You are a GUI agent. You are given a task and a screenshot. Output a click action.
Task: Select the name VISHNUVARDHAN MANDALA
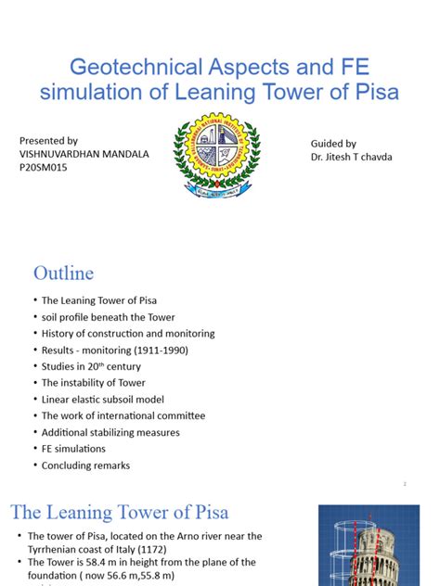click(x=84, y=153)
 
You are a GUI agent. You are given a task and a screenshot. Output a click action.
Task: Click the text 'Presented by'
click(x=49, y=139)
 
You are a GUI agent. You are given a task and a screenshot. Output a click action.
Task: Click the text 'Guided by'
click(x=333, y=144)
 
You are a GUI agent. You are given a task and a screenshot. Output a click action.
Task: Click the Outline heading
click(x=63, y=273)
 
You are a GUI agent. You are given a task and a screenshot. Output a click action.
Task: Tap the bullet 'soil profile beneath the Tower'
click(x=108, y=317)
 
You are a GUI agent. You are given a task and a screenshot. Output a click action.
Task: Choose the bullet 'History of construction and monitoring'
click(x=128, y=334)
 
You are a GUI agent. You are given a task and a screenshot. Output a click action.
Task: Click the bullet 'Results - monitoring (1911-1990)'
click(x=114, y=350)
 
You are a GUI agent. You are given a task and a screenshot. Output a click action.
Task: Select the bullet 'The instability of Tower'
click(x=93, y=383)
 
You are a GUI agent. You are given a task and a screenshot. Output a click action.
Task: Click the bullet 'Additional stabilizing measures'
click(x=110, y=433)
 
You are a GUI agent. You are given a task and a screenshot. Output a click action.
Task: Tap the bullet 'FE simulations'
click(x=73, y=449)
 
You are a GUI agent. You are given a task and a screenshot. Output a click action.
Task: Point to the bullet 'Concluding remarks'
click(x=85, y=465)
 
